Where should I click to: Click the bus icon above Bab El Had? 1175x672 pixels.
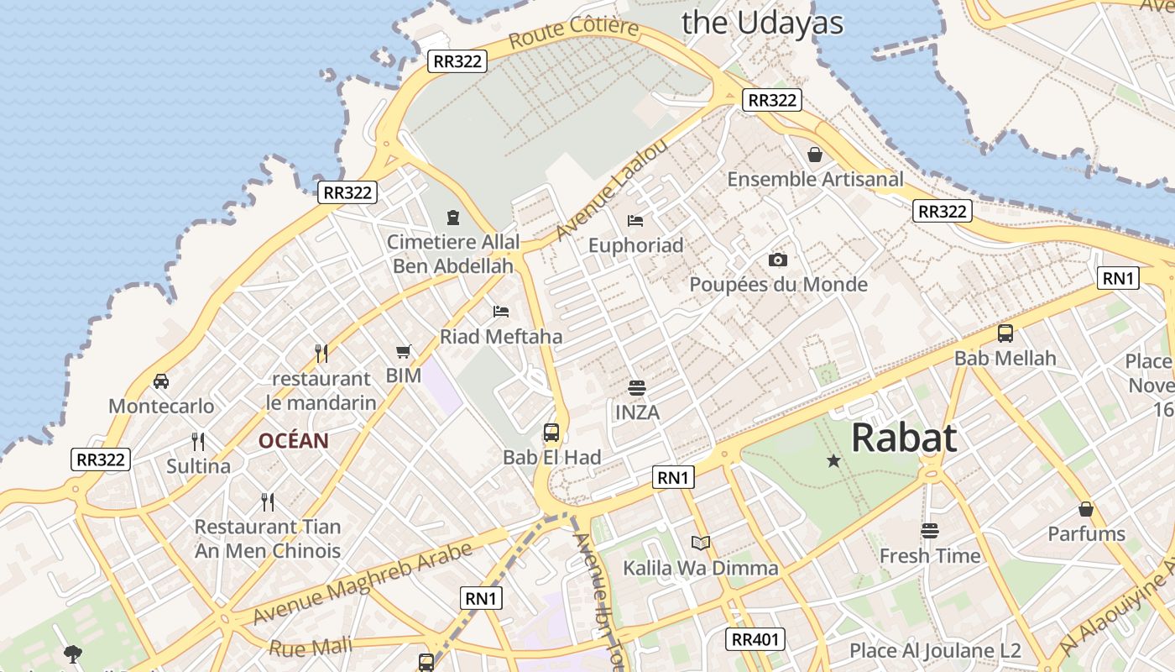tap(551, 433)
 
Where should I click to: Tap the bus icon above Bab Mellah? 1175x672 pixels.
tap(1005, 333)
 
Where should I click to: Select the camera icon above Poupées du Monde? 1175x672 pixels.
tap(778, 260)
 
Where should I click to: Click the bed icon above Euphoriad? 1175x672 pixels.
tap(635, 220)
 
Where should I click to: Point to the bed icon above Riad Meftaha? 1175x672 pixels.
tap(501, 312)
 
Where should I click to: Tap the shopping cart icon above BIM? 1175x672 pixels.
tap(404, 351)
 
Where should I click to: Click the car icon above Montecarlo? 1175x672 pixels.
tap(161, 381)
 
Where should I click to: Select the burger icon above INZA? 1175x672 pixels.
tap(637, 388)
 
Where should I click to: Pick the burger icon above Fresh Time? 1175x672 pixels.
tap(929, 531)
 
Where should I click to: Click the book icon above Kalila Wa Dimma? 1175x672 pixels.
tap(700, 543)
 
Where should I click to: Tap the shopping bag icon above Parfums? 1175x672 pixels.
tap(1086, 509)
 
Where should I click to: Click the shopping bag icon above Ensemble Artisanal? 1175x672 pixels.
tap(814, 155)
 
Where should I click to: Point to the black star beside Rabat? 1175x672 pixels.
tap(833, 460)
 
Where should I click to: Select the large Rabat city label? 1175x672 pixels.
tap(904, 438)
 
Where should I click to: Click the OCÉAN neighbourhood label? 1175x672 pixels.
tap(293, 441)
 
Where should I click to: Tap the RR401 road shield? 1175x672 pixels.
tap(755, 639)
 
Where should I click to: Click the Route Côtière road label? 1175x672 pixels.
tap(573, 33)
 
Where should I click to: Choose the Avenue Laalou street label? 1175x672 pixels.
tap(612, 189)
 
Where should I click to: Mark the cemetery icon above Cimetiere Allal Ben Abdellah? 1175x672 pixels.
tap(453, 218)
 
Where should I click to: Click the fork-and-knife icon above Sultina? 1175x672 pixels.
tap(198, 441)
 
